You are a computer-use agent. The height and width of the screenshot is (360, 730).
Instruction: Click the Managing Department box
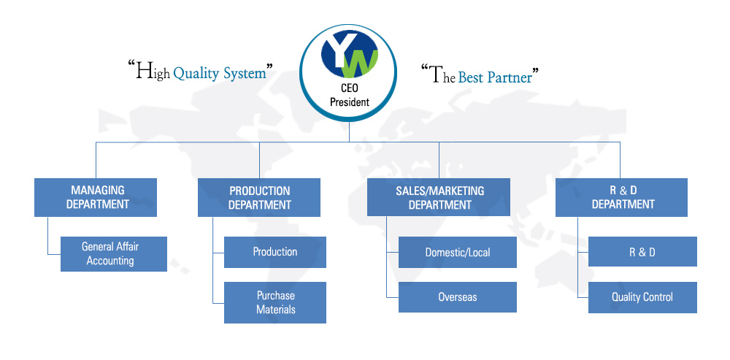(x=96, y=197)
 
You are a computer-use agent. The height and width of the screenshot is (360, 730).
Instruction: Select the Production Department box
(x=259, y=197)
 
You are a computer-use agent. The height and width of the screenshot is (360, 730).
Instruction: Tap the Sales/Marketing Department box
(x=439, y=197)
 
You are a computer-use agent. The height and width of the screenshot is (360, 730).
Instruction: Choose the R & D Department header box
(x=621, y=197)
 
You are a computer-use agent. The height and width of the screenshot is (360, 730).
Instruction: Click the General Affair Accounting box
(x=114, y=254)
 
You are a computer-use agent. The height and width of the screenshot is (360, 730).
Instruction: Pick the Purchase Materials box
(x=275, y=302)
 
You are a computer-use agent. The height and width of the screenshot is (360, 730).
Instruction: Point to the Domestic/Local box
(x=458, y=253)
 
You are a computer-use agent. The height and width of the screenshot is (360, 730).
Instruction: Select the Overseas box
(x=458, y=297)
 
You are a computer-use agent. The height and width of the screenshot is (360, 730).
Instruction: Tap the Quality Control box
(x=642, y=297)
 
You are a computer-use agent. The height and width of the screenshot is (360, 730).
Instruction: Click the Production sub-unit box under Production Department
(x=275, y=252)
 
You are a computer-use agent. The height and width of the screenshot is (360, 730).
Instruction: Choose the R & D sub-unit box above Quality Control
(x=642, y=251)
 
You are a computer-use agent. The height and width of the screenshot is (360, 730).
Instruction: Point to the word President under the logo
(x=349, y=102)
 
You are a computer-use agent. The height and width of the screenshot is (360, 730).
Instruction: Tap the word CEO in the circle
(x=350, y=88)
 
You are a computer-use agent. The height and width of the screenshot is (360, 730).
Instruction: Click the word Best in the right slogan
(x=471, y=77)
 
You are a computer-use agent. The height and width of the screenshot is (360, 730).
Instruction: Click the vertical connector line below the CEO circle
(x=349, y=131)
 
